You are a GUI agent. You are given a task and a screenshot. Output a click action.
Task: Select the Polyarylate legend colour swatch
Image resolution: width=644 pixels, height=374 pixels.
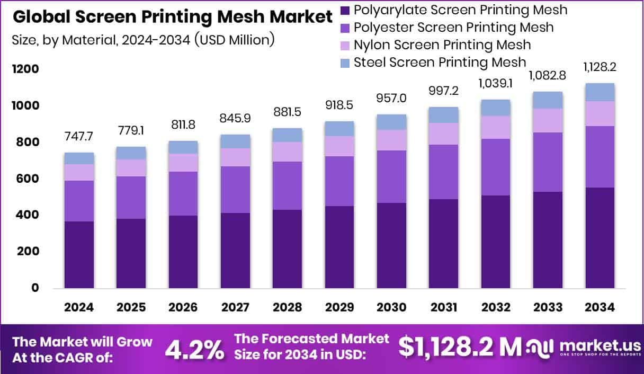345,10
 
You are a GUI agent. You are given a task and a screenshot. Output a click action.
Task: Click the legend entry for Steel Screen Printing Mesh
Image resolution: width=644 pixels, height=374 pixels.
440,62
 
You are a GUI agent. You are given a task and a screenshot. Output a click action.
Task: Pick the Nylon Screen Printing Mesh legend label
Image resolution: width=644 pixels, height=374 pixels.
442,44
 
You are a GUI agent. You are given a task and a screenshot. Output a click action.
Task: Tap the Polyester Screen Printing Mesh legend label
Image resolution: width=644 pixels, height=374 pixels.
453,27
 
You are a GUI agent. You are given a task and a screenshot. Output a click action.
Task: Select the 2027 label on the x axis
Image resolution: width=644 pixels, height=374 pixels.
235,308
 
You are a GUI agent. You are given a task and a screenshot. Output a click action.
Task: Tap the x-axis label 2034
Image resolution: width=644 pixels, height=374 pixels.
600,308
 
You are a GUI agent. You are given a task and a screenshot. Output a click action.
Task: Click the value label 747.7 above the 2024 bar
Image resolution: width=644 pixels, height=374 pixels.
79,136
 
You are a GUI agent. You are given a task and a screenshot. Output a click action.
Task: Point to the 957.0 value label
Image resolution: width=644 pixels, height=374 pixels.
391,99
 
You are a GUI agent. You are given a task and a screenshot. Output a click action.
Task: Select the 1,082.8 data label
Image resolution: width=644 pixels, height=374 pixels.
548,76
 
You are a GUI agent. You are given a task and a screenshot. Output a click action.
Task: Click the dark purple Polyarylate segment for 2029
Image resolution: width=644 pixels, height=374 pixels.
339,247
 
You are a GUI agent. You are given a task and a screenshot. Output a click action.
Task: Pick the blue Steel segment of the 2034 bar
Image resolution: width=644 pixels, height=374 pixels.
600,92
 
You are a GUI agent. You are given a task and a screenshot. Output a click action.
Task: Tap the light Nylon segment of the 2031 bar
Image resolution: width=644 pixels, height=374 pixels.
443,133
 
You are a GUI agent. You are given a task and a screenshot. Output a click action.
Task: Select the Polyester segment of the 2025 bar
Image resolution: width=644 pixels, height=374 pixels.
131,197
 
